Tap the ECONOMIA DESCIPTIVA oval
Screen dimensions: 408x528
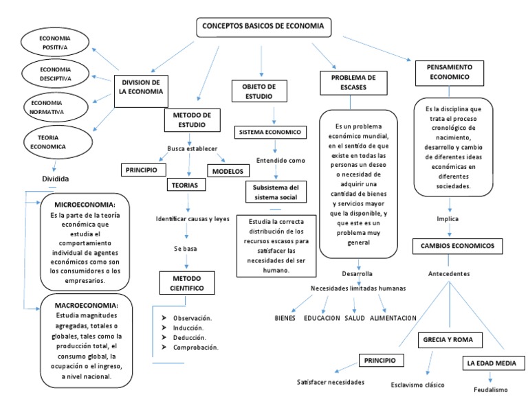pyautogui.click(x=54, y=74)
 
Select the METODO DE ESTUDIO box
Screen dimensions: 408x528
pyautogui.click(x=192, y=120)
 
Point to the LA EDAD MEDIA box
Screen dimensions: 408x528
pyautogui.click(x=492, y=363)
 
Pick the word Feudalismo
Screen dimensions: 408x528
pyautogui.click(x=491, y=389)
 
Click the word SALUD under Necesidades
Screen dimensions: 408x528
pyautogui.click(x=355, y=318)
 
